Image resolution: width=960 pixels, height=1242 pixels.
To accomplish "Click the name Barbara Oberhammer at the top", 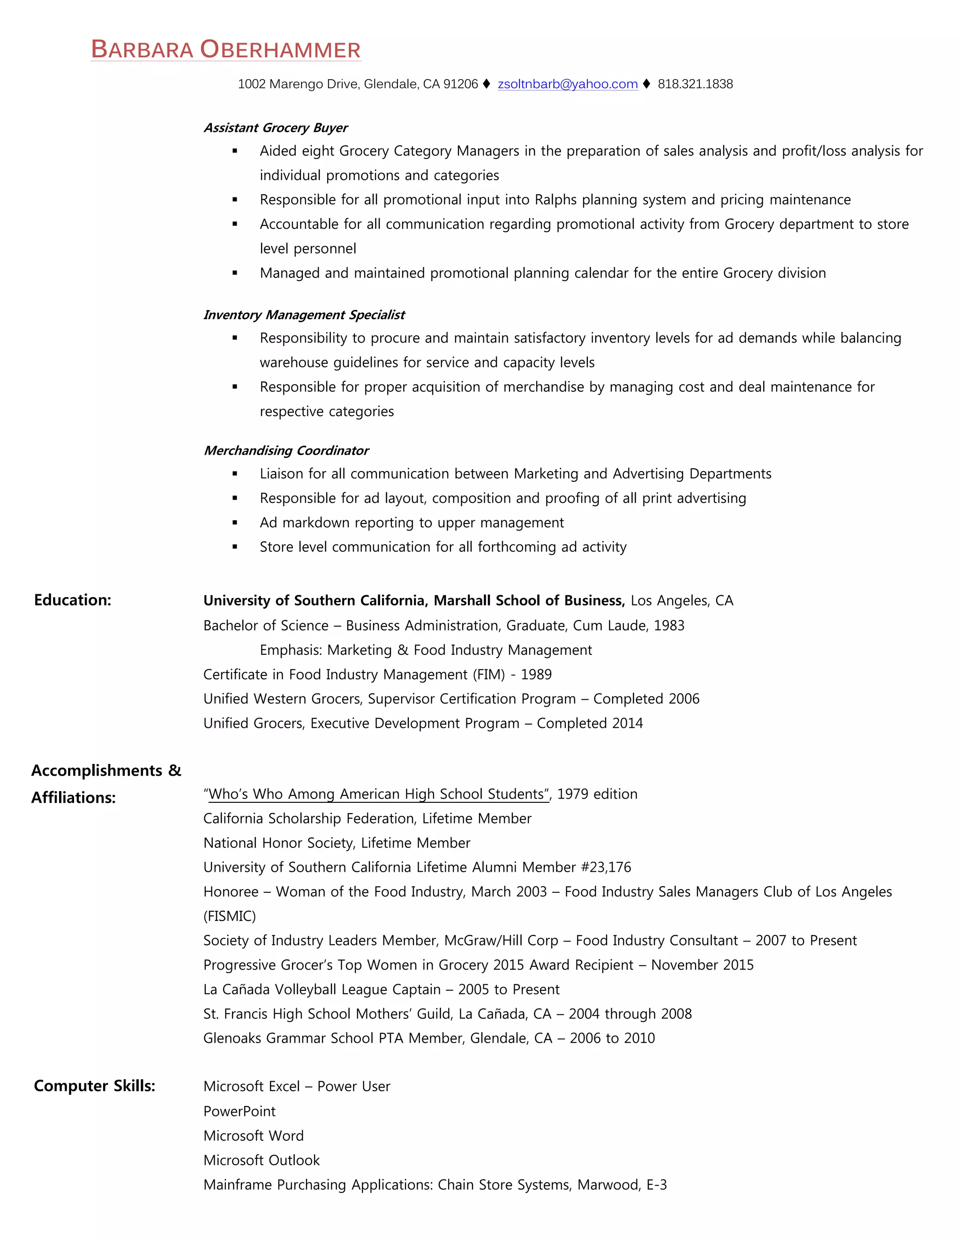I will click(226, 50).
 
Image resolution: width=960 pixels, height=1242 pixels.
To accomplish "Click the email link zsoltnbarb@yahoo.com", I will click(567, 84).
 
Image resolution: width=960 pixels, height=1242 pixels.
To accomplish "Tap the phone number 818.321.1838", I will click(695, 84).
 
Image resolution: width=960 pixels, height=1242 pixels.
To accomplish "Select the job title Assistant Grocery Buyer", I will click(275, 128).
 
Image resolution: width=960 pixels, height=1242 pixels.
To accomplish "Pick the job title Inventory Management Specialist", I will click(304, 315).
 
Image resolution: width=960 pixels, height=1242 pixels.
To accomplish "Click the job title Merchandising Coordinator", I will click(286, 451).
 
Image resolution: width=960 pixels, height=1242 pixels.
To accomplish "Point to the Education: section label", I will click(72, 600).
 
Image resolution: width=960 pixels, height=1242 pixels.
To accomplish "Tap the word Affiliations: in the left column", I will click(74, 797).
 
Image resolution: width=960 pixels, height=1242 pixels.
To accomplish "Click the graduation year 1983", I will click(669, 626).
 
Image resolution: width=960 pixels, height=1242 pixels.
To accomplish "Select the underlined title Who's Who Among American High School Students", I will click(376, 794).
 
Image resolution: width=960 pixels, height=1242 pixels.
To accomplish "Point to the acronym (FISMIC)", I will click(230, 916).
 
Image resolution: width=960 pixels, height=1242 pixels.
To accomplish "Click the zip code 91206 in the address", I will click(460, 84).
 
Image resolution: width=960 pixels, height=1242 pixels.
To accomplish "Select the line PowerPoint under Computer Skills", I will click(240, 1111).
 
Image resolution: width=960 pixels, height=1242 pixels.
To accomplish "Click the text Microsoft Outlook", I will click(262, 1160).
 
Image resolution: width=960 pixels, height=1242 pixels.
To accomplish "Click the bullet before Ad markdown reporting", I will click(235, 523).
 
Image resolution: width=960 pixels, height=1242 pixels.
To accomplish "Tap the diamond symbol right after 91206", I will click(486, 84).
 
